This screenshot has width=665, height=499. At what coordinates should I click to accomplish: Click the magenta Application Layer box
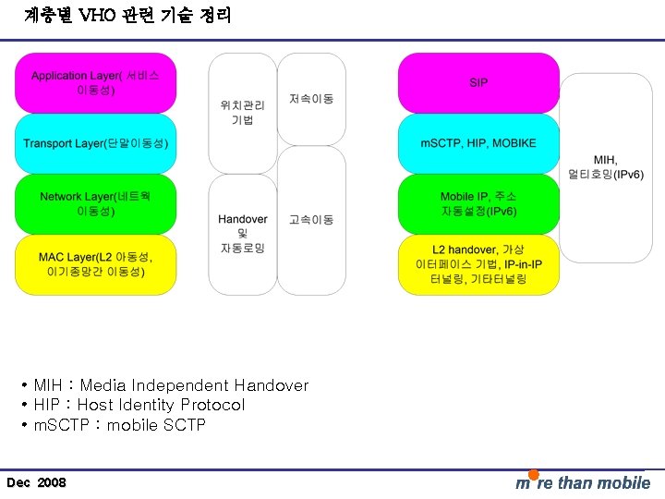95,82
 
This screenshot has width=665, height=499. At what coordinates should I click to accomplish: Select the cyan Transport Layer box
95,143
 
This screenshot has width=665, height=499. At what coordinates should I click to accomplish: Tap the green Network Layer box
95,204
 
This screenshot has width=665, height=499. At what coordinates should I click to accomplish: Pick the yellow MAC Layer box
95,265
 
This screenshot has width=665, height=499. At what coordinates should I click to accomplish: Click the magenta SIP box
478,82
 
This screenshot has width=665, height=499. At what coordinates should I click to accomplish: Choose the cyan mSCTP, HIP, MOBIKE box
478,143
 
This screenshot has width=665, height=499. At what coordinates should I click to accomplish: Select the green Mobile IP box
478,204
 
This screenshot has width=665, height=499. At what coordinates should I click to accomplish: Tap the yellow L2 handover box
478,265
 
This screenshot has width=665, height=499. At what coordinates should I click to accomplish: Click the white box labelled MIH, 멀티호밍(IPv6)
607,167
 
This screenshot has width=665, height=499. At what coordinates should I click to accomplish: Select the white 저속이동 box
311,98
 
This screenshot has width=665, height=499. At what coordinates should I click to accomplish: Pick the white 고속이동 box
311,220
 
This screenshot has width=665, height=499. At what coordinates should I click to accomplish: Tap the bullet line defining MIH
171,385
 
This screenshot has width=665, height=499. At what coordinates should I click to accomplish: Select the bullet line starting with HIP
139,405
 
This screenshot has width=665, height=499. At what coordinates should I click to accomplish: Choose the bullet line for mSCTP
119,425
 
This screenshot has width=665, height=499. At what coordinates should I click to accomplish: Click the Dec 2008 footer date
36,483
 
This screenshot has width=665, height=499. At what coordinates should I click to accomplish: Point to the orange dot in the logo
533,475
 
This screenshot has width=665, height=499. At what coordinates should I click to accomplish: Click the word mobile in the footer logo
623,483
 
